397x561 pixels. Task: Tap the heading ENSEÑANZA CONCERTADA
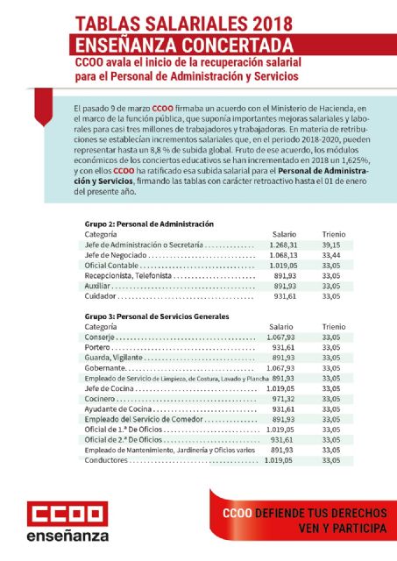click(x=183, y=44)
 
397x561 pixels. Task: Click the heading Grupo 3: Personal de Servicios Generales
click(x=156, y=315)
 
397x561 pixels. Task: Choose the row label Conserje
click(x=99, y=337)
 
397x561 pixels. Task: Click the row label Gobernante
click(x=103, y=367)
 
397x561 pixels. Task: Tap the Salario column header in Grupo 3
click(x=281, y=326)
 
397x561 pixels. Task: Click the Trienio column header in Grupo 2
click(x=333, y=235)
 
